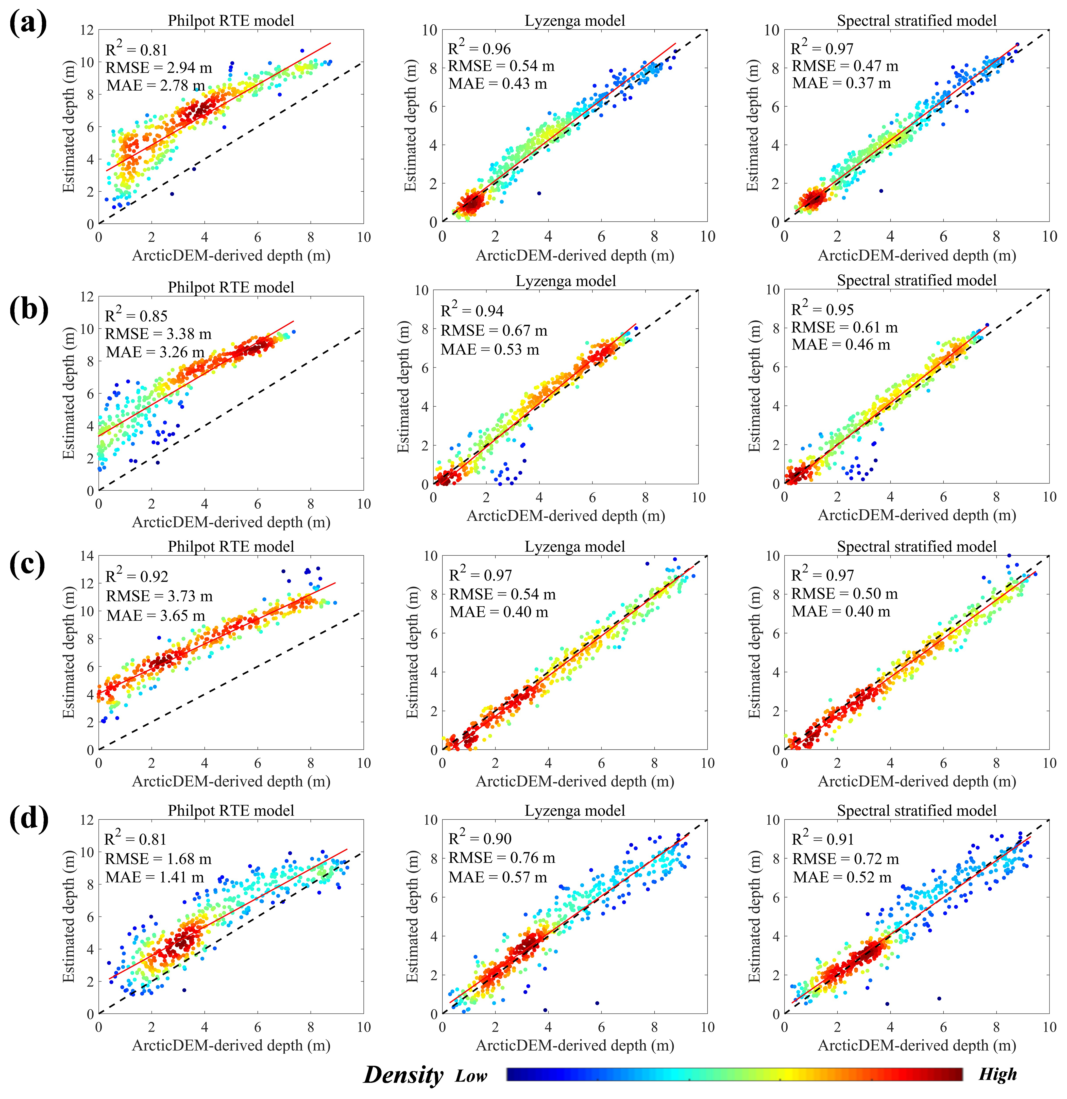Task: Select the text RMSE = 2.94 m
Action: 159,68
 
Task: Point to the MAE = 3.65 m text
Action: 156,616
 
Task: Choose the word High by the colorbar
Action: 997,1074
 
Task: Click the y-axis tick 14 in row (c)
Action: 87,556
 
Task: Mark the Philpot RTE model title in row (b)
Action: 231,287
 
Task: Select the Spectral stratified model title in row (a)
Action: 917,21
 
